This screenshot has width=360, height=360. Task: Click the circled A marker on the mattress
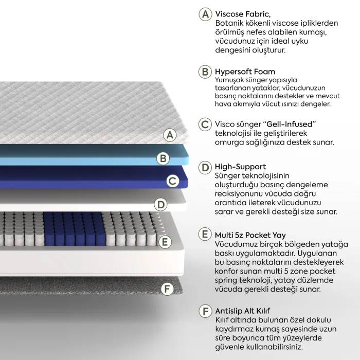[x=170, y=135]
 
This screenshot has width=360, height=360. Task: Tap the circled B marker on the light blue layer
[x=163, y=158]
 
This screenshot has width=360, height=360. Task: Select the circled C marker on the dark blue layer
[x=173, y=181]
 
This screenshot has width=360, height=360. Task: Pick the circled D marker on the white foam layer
[x=160, y=205]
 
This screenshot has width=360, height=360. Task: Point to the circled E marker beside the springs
[x=165, y=242]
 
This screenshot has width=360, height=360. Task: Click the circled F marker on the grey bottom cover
[x=167, y=289]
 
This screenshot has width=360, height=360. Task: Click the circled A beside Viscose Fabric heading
[x=205, y=14]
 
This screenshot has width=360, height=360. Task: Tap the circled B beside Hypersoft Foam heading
[x=205, y=71]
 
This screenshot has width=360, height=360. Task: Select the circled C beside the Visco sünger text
[x=205, y=124]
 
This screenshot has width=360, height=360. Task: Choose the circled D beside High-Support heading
[x=205, y=167]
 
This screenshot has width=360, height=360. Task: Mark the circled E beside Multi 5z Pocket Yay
[x=205, y=234]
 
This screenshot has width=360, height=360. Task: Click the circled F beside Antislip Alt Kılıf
[x=205, y=311]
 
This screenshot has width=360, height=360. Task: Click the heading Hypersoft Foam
[x=245, y=72]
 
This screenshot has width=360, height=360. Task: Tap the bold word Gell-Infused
[x=290, y=124]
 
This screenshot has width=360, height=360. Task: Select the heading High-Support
[x=240, y=167]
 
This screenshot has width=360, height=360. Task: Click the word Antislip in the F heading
[x=228, y=311]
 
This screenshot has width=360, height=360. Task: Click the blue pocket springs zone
[x=74, y=228]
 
